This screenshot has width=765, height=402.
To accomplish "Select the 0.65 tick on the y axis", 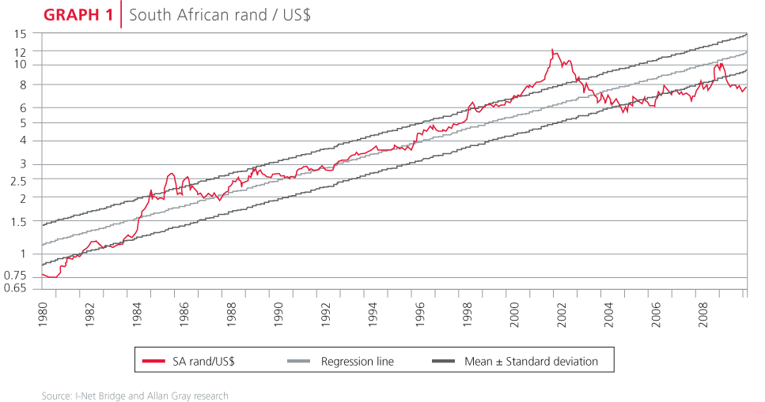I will pos(15,288).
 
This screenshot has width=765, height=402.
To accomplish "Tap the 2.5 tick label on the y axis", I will pos(18,180).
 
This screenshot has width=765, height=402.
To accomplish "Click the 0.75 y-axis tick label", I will pos(15,275).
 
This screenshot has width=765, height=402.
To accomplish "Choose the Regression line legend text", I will pos(357,362).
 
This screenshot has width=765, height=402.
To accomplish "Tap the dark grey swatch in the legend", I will pos(446,362).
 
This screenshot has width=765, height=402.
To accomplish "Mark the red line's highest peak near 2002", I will pos(553,50).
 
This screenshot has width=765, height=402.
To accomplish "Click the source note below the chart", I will pos(134,396).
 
